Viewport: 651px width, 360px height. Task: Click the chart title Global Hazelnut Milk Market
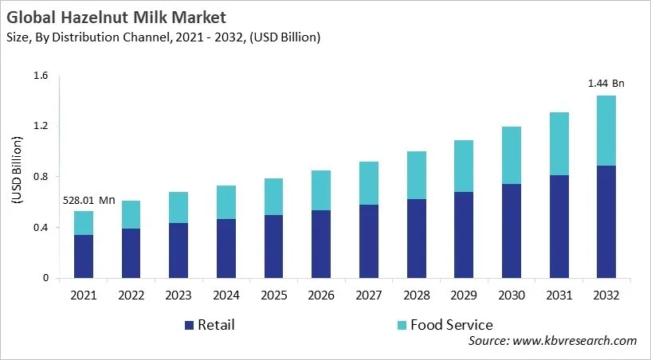(x=115, y=17)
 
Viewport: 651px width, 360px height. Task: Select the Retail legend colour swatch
(x=189, y=325)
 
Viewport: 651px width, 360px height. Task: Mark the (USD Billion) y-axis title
(x=18, y=177)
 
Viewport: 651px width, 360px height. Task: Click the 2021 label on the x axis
(x=84, y=295)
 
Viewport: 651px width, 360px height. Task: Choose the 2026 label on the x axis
(x=321, y=295)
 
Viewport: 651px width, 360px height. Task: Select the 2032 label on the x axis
(x=606, y=295)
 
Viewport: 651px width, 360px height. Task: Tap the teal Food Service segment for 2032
(x=606, y=131)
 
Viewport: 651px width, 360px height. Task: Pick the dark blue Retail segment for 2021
(x=84, y=256)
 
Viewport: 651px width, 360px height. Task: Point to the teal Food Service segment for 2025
(x=273, y=197)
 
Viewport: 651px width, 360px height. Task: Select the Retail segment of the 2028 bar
(x=416, y=238)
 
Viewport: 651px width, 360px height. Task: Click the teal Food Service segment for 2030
(x=511, y=155)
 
